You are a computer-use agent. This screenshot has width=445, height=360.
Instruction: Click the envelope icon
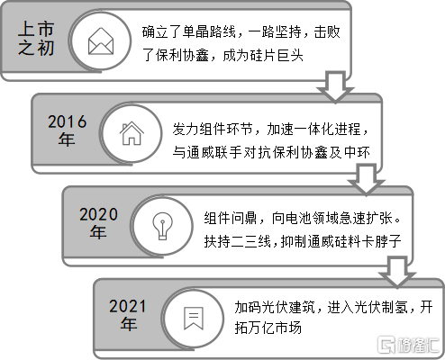[x=101, y=41]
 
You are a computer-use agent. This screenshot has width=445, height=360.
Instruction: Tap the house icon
[x=132, y=133]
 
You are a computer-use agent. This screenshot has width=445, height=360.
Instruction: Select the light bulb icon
[x=162, y=226]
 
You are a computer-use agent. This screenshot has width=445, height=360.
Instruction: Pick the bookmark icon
[x=194, y=318]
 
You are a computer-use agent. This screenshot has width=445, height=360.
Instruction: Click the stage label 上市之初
[x=36, y=39]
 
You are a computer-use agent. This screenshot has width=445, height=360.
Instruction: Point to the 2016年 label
[x=67, y=130]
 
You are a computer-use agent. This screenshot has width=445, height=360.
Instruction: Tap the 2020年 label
[x=98, y=223]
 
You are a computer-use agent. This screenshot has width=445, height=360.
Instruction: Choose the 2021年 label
[x=128, y=315]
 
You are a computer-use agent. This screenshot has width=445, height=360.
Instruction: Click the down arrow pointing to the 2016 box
[x=335, y=87]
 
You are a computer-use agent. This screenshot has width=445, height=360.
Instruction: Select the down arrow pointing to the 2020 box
[x=367, y=179]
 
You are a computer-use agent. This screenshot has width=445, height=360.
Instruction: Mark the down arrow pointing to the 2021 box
[x=397, y=272]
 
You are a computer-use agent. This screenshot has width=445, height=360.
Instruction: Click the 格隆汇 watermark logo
[x=409, y=345]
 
